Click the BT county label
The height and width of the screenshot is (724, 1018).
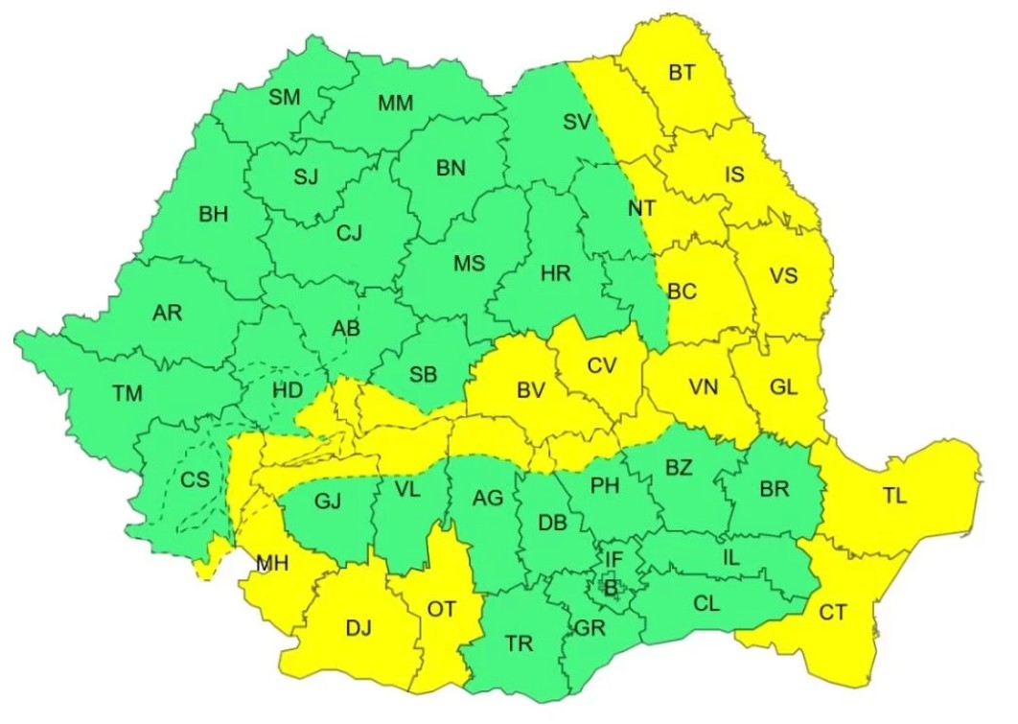pyautogui.click(x=682, y=73)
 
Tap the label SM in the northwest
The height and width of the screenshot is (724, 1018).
pyautogui.click(x=284, y=97)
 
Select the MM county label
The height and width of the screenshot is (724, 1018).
pyautogui.click(x=396, y=103)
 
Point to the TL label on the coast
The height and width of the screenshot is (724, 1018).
pyautogui.click(x=894, y=496)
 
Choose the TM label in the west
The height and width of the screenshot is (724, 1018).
pyautogui.click(x=127, y=392)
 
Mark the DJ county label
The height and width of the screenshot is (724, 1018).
pyautogui.click(x=358, y=629)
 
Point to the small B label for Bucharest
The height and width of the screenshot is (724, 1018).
pyautogui.click(x=610, y=586)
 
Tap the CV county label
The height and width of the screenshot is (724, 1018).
pyautogui.click(x=602, y=365)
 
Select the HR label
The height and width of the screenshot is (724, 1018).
pyautogui.click(x=555, y=273)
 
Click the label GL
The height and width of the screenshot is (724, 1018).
pyautogui.click(x=783, y=386)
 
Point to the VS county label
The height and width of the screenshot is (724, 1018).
pyautogui.click(x=783, y=275)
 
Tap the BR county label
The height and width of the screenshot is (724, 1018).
pyautogui.click(x=774, y=489)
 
